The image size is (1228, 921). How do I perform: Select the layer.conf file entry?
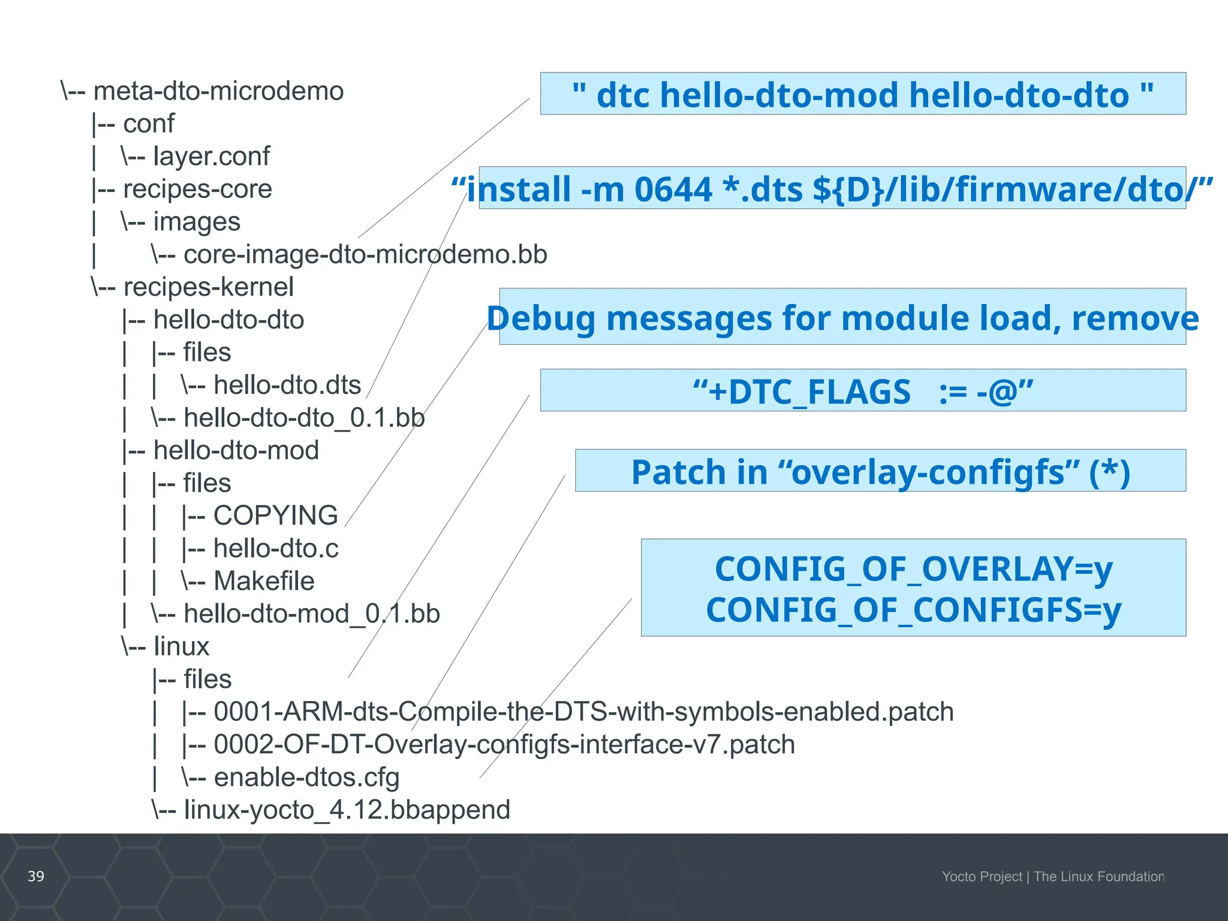click(211, 156)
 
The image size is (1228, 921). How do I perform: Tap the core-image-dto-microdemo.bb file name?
click(365, 255)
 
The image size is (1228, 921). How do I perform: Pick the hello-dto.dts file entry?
click(287, 386)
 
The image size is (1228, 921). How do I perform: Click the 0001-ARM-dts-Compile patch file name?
click(583, 712)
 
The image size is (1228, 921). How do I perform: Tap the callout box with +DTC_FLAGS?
click(862, 391)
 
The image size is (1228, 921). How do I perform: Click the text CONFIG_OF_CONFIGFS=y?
click(913, 610)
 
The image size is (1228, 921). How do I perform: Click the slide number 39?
click(36, 877)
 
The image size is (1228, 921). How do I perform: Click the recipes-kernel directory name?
click(208, 287)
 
